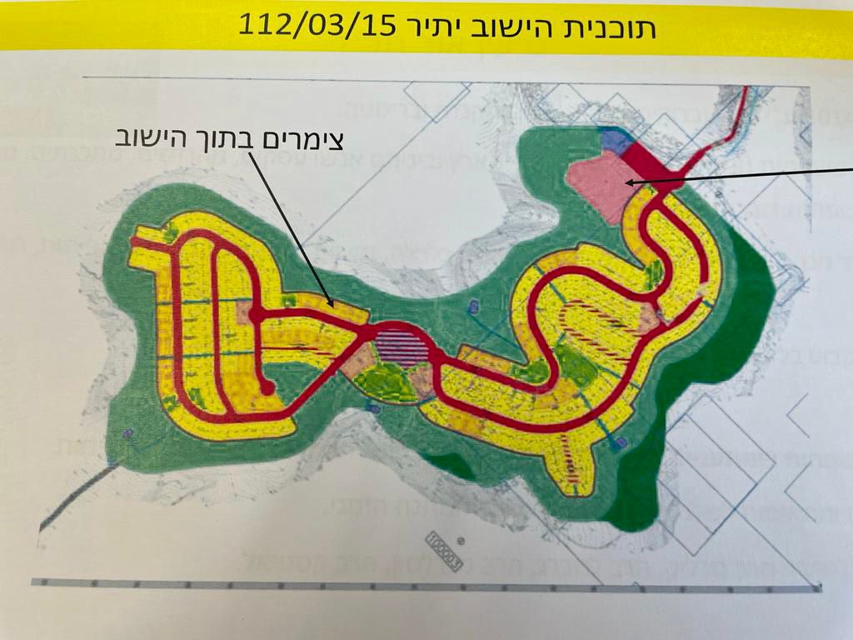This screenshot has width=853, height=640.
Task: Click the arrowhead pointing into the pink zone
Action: pos(630,182)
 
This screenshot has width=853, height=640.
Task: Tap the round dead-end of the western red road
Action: pos(267,388)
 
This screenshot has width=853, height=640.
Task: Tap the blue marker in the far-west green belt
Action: pos(127,433)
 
